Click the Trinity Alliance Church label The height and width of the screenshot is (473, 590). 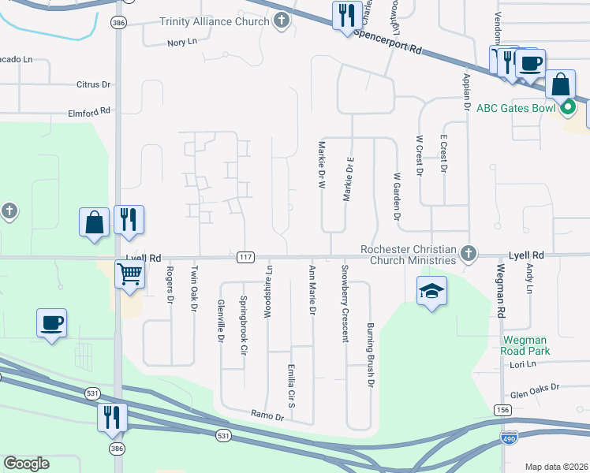pyautogui.click(x=214, y=21)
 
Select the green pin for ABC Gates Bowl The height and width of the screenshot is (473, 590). pyautogui.click(x=568, y=108)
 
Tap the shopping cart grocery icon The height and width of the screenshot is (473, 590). pyautogui.click(x=129, y=275)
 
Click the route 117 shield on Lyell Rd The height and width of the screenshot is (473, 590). pyautogui.click(x=245, y=258)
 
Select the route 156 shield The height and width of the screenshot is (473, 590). pyautogui.click(x=502, y=410)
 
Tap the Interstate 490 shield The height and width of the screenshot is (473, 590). pyautogui.click(x=509, y=435)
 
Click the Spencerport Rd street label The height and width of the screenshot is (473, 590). pyautogui.click(x=388, y=43)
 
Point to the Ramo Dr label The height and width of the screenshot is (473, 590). pyautogui.click(x=267, y=415)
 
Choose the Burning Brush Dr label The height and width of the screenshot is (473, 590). pyautogui.click(x=369, y=355)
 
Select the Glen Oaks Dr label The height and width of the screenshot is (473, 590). pyautogui.click(x=534, y=388)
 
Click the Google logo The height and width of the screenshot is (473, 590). pyautogui.click(x=27, y=464)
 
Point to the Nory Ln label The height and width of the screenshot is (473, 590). pyautogui.click(x=181, y=42)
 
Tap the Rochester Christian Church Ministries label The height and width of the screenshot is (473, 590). pyautogui.click(x=409, y=255)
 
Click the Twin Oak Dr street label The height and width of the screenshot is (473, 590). pyautogui.click(x=194, y=289)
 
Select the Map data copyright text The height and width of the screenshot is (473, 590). pyautogui.click(x=556, y=467)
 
